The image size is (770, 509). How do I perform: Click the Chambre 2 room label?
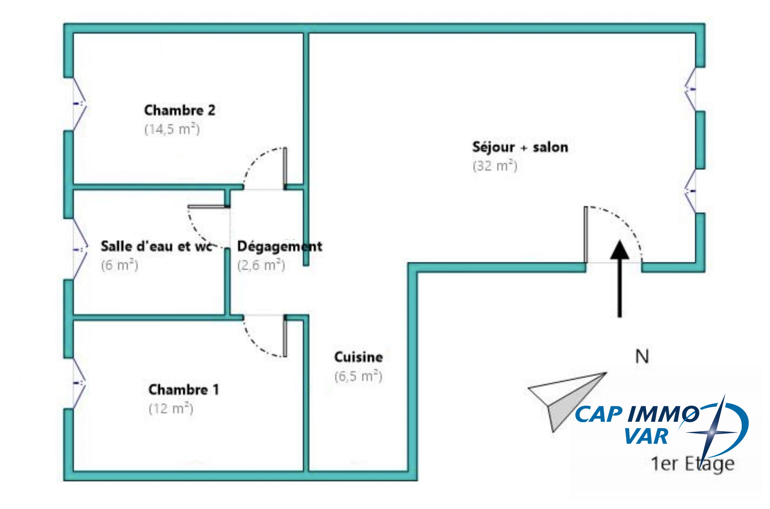click(179, 110)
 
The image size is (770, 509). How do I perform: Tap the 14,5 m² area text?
click(172, 129)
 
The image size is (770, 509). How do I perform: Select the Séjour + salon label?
click(520, 147)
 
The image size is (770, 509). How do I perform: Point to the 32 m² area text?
click(495, 166)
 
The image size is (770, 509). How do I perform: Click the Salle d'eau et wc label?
click(156, 246)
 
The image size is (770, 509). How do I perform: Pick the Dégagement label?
click(280, 246)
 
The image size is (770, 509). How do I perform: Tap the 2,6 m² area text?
click(261, 265)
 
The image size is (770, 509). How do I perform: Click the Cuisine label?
click(358, 357)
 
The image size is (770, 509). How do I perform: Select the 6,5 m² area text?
click(358, 376)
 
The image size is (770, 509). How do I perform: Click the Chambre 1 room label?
click(184, 390)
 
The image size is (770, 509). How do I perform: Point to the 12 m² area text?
click(171, 408)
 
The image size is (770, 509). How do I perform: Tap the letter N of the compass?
click(642, 357)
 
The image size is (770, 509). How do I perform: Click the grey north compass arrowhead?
click(566, 400)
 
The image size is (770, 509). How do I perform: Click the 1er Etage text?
click(692, 464)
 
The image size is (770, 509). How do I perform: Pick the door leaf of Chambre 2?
click(285, 168)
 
